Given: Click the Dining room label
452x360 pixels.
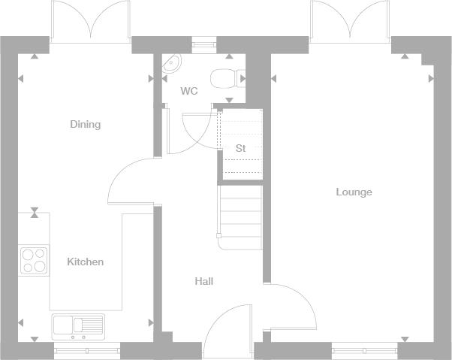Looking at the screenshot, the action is click(x=86, y=124).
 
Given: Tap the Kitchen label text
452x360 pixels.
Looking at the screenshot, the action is click(x=86, y=262).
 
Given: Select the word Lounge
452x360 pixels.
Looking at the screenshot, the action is click(x=354, y=192).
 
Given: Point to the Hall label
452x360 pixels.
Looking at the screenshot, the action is click(x=204, y=281).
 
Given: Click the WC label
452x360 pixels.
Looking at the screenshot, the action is click(x=189, y=91).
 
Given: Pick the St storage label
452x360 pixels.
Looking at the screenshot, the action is click(x=240, y=148).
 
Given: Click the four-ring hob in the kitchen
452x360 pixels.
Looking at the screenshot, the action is click(x=34, y=261).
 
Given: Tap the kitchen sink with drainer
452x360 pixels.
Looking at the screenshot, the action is click(x=78, y=327).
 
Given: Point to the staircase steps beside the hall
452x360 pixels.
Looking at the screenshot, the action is click(x=241, y=217).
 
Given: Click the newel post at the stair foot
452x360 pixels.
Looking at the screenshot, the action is click(x=218, y=236).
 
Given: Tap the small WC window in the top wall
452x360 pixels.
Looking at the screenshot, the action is click(x=204, y=44).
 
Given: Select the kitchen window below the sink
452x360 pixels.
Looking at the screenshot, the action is click(x=87, y=351).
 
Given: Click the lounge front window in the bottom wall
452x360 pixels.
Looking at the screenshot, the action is click(x=364, y=351).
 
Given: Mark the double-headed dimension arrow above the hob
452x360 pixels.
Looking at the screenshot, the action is click(x=35, y=212).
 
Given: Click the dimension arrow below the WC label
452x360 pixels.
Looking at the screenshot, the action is click(x=229, y=100).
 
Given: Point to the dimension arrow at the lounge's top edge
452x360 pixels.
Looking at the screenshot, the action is click(x=405, y=56).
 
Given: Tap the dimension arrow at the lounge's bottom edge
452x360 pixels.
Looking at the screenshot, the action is click(x=405, y=339).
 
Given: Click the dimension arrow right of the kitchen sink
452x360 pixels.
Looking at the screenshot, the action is click(x=151, y=322).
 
